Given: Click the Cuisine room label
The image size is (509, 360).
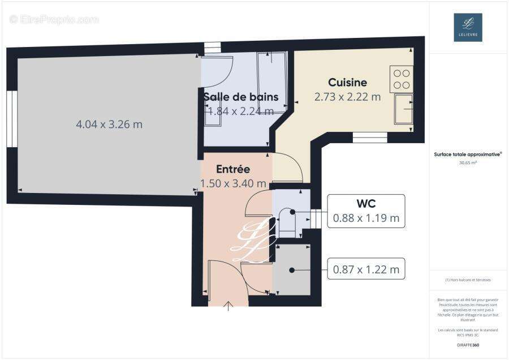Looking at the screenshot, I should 347,83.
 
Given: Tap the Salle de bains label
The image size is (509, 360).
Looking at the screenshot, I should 241,96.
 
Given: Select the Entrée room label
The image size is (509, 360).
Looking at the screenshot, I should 233,169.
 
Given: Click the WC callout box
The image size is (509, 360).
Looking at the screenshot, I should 366,211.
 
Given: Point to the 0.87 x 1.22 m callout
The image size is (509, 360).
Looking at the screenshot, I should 366,269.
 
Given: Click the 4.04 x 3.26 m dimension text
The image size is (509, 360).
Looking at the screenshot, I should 109,124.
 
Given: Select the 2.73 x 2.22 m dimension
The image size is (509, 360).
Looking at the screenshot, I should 347,97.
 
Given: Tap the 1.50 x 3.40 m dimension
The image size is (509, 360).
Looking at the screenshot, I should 233,183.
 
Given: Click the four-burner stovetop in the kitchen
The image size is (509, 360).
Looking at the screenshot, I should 401,79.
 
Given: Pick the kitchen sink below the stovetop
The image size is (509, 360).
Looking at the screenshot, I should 403,109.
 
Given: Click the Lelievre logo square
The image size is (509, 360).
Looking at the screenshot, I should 468,27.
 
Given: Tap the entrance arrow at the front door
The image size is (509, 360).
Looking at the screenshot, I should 228,306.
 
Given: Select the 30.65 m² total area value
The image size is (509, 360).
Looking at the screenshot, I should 468,163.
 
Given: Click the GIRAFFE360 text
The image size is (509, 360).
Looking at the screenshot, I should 468,345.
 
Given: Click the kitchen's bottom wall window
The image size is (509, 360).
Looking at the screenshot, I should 370,138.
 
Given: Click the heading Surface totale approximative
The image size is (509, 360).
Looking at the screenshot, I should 468,154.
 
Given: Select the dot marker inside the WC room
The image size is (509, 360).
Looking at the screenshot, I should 292,212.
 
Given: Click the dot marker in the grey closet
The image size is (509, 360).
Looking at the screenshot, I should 292,270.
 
